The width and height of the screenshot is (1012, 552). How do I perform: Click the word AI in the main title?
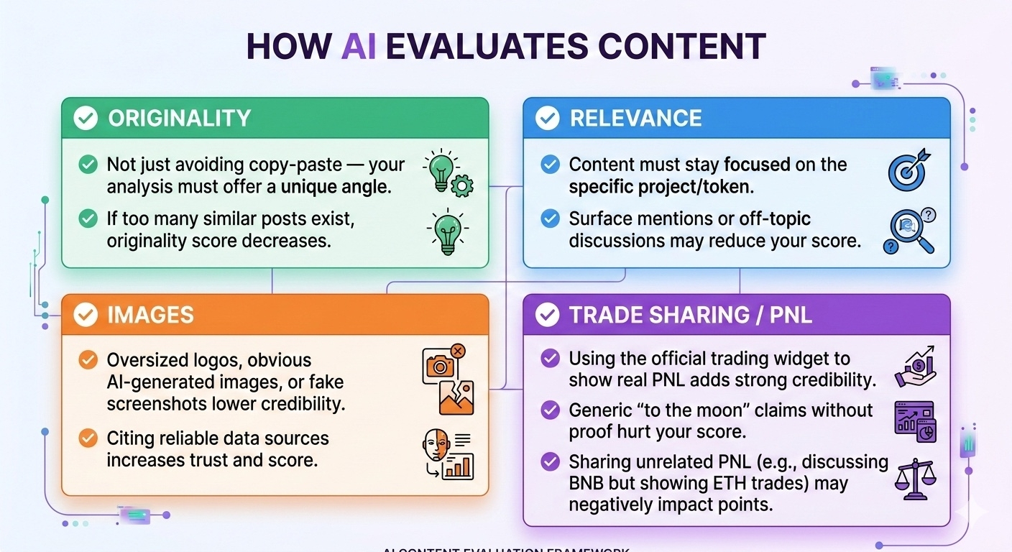point(358,47)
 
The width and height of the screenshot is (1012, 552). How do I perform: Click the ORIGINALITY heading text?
point(179,119)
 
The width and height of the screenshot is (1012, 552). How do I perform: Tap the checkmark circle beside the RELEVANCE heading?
point(548,119)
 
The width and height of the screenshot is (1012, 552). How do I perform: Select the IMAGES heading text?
point(150,315)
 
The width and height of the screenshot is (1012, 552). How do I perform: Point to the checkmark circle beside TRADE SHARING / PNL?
point(548,315)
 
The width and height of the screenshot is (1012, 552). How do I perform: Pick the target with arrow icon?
point(909,170)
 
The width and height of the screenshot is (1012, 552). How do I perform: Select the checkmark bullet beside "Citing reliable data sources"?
point(88,438)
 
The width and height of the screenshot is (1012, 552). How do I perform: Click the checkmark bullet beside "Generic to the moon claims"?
point(550,410)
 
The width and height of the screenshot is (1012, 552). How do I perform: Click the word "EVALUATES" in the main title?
point(485,47)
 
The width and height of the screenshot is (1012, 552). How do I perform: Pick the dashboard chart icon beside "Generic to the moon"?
point(914,420)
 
